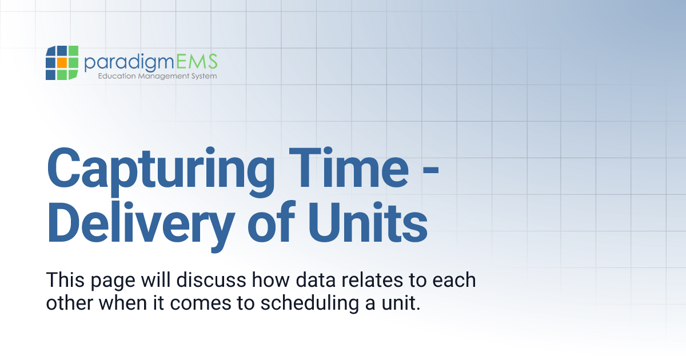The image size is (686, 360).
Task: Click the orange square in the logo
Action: point(62,63)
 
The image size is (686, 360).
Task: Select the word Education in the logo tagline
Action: point(117,76)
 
